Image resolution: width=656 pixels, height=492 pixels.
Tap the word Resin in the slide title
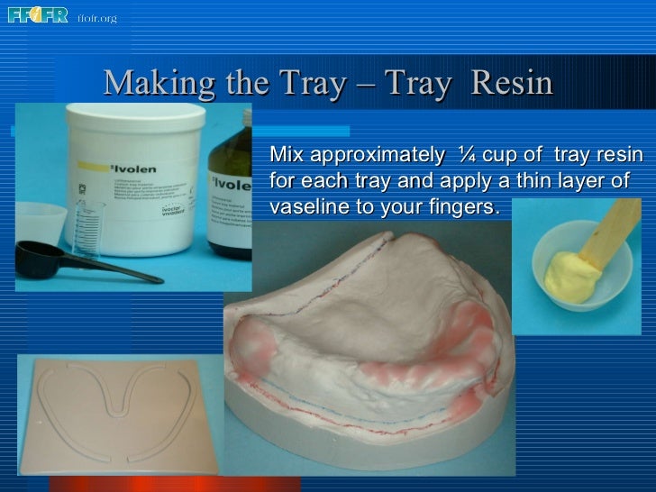click(x=511, y=84)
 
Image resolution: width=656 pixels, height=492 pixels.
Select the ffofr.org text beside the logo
click(x=97, y=18)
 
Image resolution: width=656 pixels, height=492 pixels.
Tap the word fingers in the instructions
click(x=461, y=207)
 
